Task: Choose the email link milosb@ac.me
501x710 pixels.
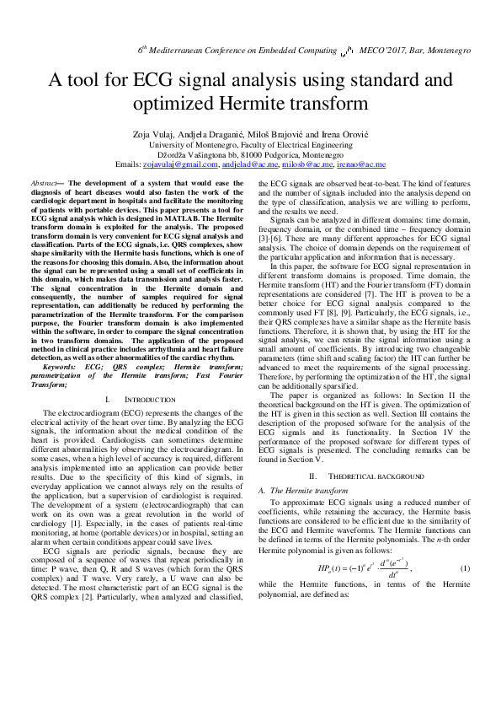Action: tap(305, 165)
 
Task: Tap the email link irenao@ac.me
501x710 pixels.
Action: tap(360, 165)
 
